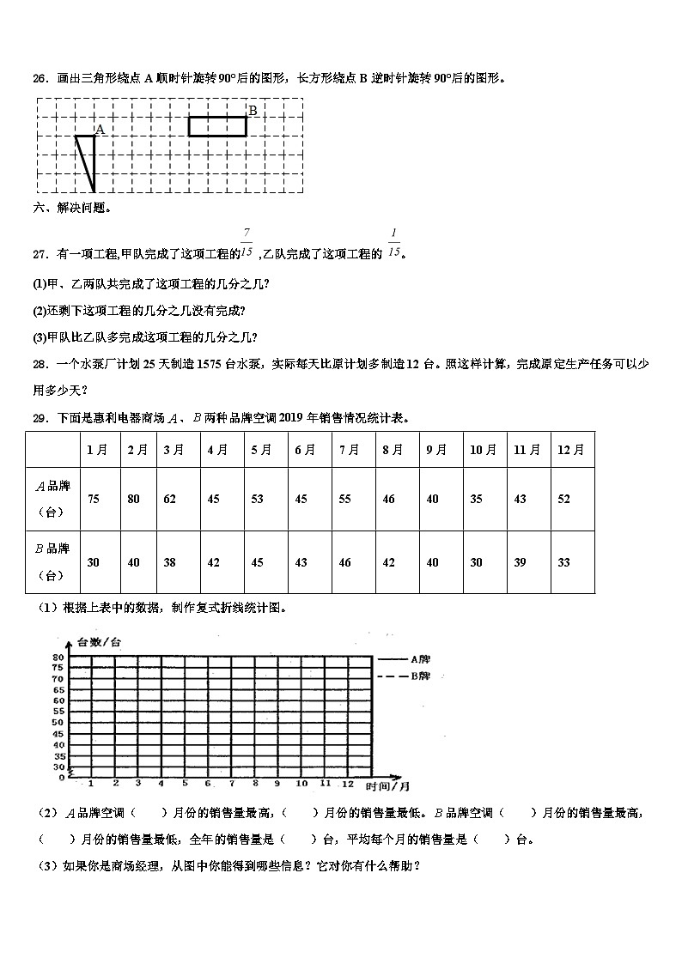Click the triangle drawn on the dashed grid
click(x=87, y=159)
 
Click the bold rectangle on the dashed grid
click(x=217, y=126)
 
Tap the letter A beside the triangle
click(x=100, y=130)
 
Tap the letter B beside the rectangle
click(x=253, y=110)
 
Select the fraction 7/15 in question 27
click(x=247, y=243)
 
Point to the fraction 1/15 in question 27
click(x=394, y=243)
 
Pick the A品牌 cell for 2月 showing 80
click(x=133, y=499)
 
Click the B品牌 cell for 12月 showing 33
click(x=564, y=562)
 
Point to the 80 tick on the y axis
click(x=58, y=658)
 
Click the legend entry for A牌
click(x=404, y=659)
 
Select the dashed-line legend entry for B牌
click(x=404, y=676)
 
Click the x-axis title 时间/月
click(x=387, y=785)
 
